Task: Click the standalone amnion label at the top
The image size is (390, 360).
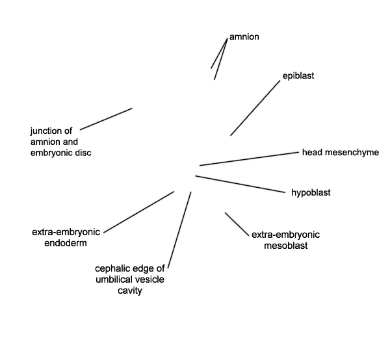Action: pos(244,37)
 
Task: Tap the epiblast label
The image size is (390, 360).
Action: pos(298,76)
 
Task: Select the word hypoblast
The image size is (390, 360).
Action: pos(311,193)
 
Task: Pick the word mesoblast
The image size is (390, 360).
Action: pos(286,246)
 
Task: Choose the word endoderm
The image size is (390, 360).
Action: pos(66,243)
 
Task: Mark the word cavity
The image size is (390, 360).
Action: pos(130,290)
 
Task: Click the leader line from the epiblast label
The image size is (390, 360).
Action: pos(255,108)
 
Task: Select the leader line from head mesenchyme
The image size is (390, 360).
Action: pos(249,159)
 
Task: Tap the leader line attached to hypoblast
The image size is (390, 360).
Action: pos(240,185)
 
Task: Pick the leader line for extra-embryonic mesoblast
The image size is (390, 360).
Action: pos(237,224)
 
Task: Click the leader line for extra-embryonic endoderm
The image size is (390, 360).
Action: pos(139,212)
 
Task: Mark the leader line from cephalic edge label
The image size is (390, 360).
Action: pos(179,230)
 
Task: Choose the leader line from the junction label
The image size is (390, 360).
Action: pos(106,119)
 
